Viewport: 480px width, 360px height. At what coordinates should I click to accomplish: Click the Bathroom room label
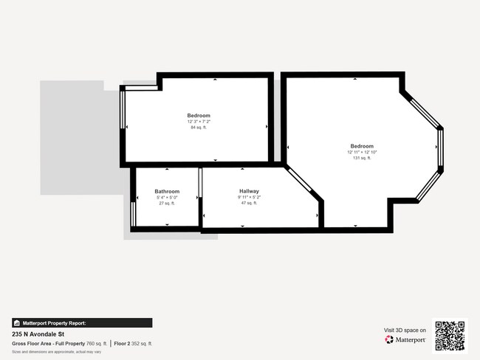click(x=166, y=191)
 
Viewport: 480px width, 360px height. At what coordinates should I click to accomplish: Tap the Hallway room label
click(x=249, y=191)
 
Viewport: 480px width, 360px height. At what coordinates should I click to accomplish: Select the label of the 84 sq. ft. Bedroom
click(x=198, y=116)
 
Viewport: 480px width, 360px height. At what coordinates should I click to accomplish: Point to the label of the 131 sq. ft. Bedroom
click(x=362, y=146)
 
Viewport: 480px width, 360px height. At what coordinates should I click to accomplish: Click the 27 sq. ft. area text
click(x=166, y=204)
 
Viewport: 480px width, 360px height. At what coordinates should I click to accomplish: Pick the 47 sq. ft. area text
click(x=249, y=204)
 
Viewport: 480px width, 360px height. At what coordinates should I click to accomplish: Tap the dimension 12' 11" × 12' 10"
click(x=362, y=152)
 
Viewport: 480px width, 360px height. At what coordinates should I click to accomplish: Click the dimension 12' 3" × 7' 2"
click(x=198, y=122)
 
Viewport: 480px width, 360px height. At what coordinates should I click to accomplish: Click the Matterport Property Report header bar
click(x=82, y=322)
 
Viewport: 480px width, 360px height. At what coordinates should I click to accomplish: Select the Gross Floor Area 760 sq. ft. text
click(x=59, y=344)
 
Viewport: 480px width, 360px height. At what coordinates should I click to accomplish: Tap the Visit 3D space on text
click(x=405, y=330)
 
